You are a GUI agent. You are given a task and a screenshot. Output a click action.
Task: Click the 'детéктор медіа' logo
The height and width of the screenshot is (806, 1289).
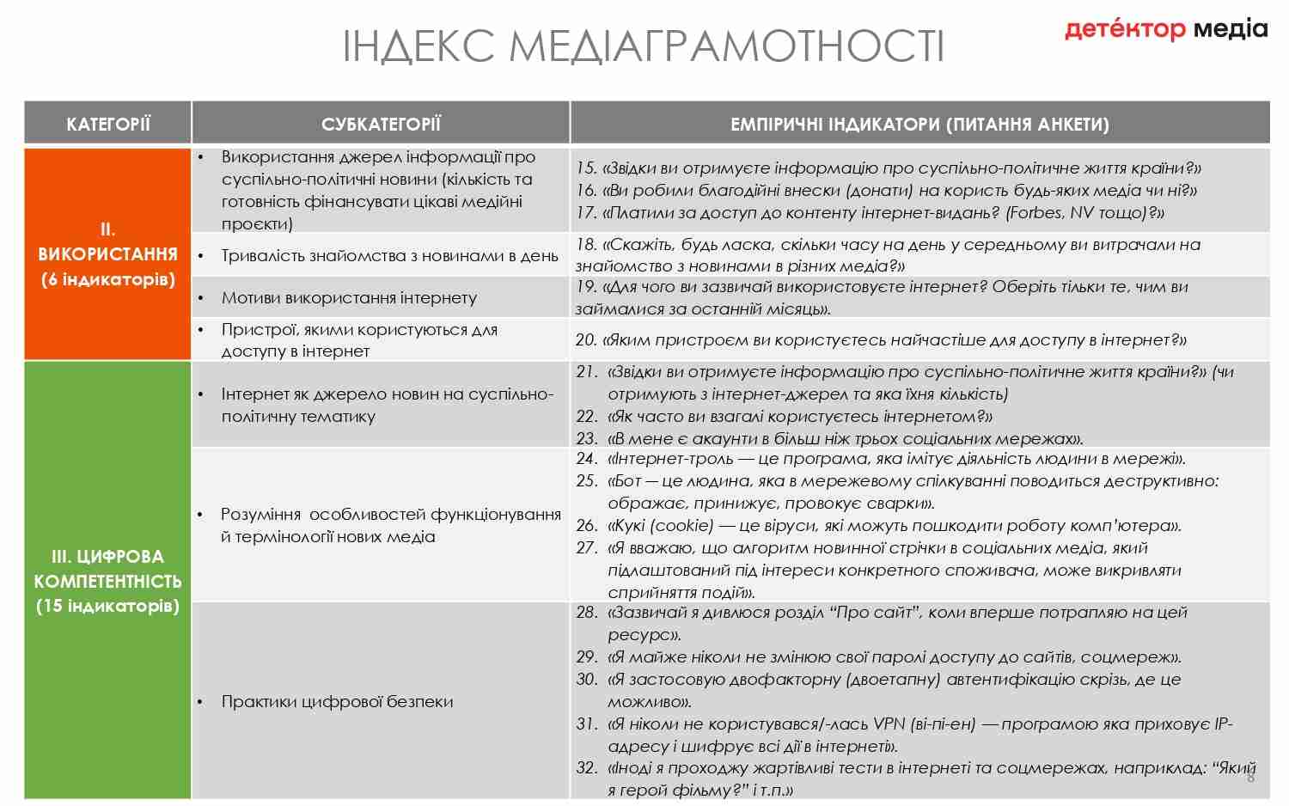1165,30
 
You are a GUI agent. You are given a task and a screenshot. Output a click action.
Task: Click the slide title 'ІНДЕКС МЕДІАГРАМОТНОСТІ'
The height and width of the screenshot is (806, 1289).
643,46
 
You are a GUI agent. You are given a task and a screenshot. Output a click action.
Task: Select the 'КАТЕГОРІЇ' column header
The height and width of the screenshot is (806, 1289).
107,124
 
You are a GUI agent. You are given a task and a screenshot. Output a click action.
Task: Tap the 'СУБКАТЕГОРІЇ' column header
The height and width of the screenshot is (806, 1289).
381,124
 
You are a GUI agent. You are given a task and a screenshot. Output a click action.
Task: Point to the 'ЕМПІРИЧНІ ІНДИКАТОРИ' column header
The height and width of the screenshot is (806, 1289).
919,124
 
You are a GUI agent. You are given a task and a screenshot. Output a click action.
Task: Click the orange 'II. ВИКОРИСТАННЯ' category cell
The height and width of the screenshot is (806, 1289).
107,254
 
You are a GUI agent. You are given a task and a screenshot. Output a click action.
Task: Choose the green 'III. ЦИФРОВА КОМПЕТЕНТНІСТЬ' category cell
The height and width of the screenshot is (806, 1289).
107,581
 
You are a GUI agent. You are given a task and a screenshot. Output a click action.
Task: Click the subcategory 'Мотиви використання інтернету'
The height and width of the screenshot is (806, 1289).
349,298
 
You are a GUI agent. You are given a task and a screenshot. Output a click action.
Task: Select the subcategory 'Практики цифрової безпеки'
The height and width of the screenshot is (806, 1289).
337,701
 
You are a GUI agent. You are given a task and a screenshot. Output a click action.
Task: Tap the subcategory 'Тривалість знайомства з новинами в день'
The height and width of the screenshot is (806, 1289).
389,256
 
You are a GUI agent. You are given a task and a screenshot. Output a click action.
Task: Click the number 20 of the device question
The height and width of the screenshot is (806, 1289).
586,340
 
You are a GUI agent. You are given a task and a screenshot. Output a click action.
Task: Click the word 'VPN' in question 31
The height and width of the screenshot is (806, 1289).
889,724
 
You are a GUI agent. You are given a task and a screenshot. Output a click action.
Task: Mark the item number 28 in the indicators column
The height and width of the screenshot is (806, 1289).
586,612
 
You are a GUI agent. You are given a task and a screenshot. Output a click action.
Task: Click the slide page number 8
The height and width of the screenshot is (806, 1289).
1250,778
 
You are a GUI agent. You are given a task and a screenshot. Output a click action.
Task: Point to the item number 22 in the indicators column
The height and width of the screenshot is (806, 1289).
586,416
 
